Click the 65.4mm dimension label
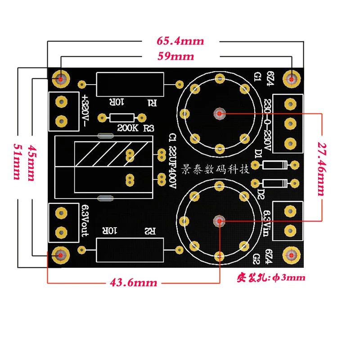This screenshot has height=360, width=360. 180,41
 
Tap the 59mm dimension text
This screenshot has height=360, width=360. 175,56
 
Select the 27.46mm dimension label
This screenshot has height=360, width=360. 322,169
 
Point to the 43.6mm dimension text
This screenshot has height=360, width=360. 133,283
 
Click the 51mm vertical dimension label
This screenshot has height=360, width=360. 17,162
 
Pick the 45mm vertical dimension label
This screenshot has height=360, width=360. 31,163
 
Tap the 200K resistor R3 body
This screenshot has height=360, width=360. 122,118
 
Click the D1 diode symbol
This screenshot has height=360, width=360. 274,165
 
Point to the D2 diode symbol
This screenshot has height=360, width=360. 274,184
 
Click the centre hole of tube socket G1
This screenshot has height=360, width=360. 220,113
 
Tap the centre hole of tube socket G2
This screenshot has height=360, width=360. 219,221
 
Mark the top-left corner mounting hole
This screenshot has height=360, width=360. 61,79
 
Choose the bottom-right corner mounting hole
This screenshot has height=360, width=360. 291,255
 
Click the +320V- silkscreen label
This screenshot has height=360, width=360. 85,111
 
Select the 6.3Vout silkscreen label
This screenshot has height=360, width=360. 85,221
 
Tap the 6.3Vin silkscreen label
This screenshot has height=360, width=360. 266,223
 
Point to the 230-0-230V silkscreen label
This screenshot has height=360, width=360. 267,125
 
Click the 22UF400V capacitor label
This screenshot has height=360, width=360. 173,167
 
